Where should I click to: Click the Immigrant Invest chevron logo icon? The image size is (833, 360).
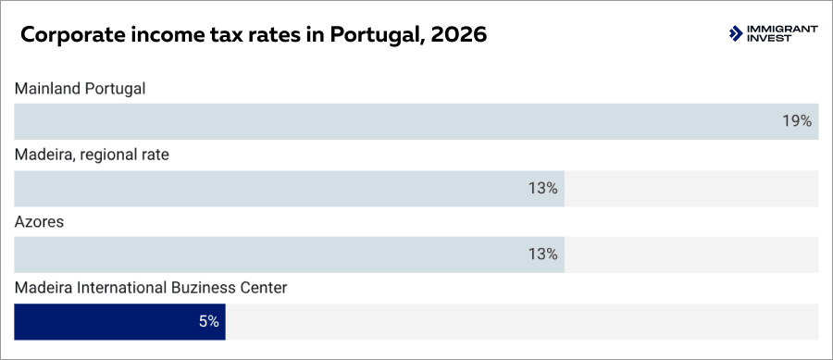coord(736,34)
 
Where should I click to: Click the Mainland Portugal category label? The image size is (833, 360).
coord(81,89)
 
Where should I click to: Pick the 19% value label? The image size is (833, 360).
coord(796,121)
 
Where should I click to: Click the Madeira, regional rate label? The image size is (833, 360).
coord(92,155)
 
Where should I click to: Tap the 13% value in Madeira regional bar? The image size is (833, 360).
coord(542,188)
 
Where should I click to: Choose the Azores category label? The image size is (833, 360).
coord(39,222)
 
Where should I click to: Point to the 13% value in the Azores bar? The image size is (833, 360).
coord(542,254)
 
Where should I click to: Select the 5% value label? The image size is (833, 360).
coord(208,321)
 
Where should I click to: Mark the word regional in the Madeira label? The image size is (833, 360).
coord(107,155)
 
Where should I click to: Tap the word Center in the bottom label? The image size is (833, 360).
coord(264,288)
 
